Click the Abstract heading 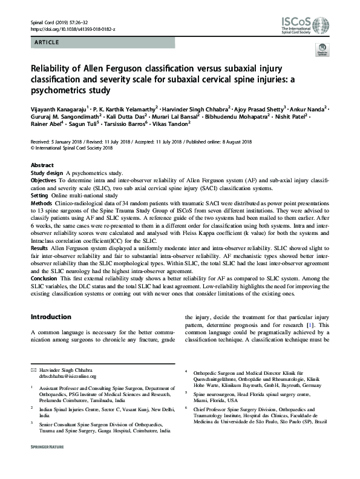coord(43,165)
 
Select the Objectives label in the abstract coord(44,181)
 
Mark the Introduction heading coord(51,317)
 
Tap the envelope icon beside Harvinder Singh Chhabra coord(33,369)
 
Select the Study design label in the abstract coord(47,173)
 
